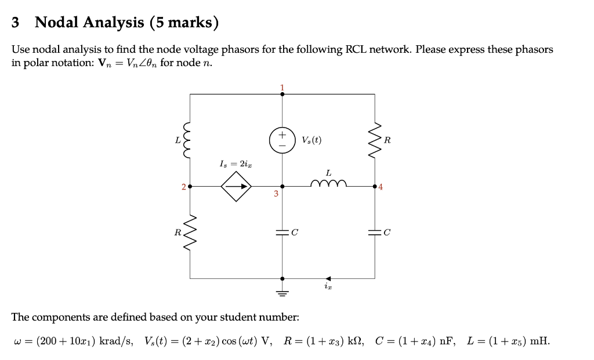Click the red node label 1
[x=282, y=88]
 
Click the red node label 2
[x=183, y=187]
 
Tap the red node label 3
[x=276, y=194]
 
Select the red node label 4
[x=380, y=187]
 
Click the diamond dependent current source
[x=236, y=187]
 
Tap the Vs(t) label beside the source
[x=312, y=140]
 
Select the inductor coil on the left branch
[x=190, y=140]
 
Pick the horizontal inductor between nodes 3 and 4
[x=329, y=184]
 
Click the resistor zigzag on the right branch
[x=375, y=140]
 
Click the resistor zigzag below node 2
[x=190, y=232]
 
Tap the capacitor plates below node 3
[x=282, y=232]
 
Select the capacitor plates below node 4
[x=375, y=232]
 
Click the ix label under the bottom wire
[x=328, y=287]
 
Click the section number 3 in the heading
[x=16, y=23]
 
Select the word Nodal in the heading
[x=58, y=23]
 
